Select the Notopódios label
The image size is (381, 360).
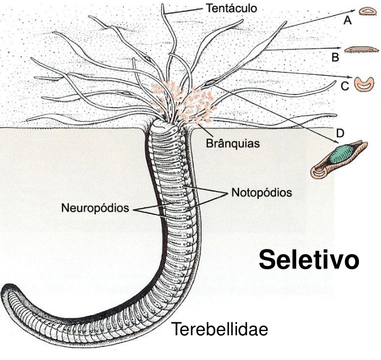pos(261,191)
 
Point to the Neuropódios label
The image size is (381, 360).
pos(96,207)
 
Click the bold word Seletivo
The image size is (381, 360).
pos(308,260)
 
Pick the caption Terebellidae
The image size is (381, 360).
pos(219,329)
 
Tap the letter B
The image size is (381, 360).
pos(335,56)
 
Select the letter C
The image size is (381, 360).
pos(346,85)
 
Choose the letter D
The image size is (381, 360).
pos(340,132)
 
